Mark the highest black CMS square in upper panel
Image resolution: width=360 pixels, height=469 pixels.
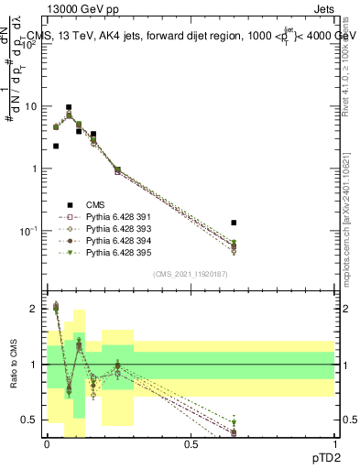point(69,107)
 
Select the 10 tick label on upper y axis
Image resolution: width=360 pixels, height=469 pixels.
point(31,106)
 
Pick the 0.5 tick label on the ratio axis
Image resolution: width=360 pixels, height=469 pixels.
point(31,420)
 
